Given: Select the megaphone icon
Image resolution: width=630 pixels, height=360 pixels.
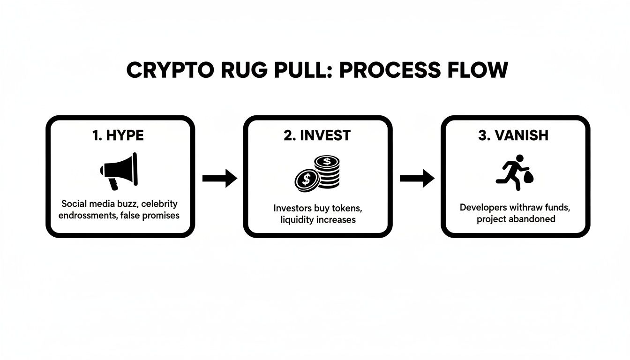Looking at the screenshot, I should [119, 170].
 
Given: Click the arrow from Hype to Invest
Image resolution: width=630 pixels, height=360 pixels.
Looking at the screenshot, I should [220, 178].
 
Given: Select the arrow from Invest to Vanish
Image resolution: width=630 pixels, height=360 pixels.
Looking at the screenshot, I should [417, 178].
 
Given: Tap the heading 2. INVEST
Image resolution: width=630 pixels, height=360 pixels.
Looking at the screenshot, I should [318, 136].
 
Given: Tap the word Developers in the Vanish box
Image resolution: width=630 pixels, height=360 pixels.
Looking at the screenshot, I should [482, 207].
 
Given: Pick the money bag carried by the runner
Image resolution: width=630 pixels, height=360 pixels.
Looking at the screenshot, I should [529, 177].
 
